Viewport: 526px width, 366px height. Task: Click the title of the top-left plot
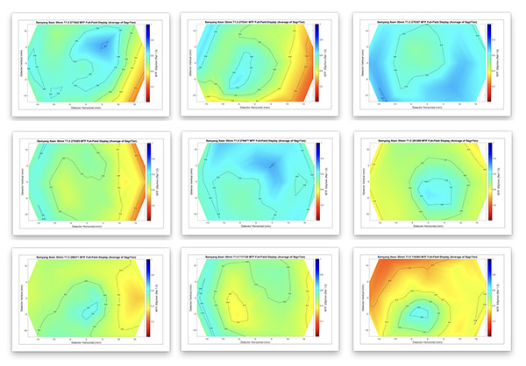(84, 20)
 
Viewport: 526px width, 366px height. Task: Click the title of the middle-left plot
(84, 138)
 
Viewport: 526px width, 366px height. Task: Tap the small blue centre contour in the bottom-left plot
(91, 309)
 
